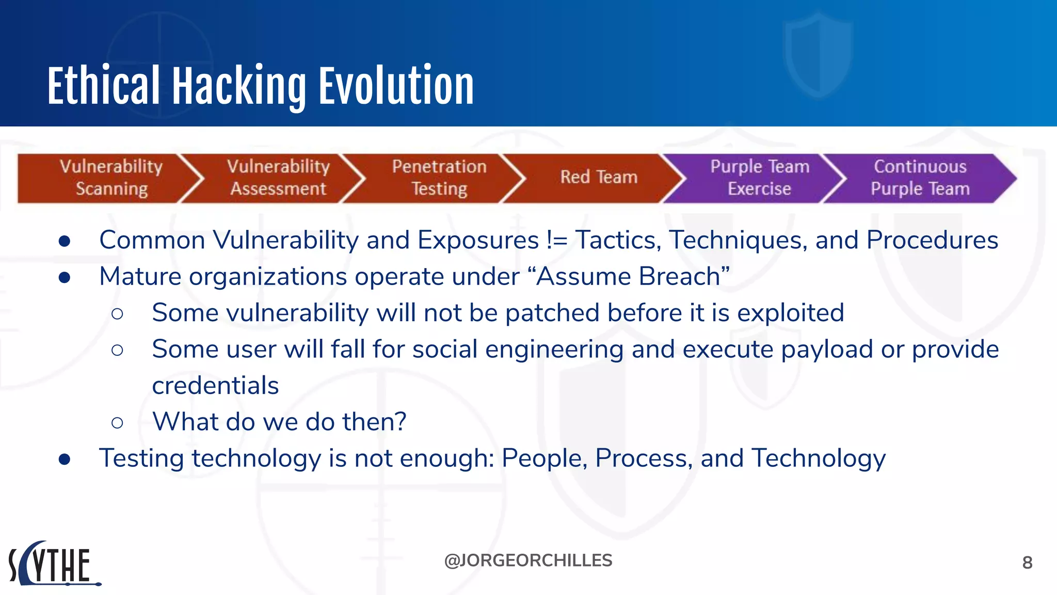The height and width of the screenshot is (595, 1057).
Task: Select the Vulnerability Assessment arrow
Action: coord(278,178)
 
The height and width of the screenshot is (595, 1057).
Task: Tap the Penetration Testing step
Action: coord(439,178)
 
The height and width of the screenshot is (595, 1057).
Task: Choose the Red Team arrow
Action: coord(599,178)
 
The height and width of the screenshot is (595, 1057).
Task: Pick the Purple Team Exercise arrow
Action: coord(759,178)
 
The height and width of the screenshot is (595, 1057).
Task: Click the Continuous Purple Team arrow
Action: coord(920,178)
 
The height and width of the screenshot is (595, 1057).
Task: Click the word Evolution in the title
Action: coord(396,86)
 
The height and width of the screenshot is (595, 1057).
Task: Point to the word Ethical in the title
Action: coord(103,86)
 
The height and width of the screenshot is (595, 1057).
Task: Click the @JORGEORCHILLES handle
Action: coord(528,560)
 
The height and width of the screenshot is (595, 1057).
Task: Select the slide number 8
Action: coord(1027,562)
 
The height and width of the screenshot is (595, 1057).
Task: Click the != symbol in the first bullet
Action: coord(557,241)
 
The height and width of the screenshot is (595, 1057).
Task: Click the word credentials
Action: coord(215,386)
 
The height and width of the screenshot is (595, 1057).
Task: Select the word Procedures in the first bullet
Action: coord(932,241)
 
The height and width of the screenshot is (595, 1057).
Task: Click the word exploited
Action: coord(790,313)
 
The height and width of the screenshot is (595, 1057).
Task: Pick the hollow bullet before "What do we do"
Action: coord(117,423)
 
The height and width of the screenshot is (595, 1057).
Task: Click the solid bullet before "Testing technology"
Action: coord(65,459)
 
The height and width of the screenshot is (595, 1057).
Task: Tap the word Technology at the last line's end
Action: coord(819,459)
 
